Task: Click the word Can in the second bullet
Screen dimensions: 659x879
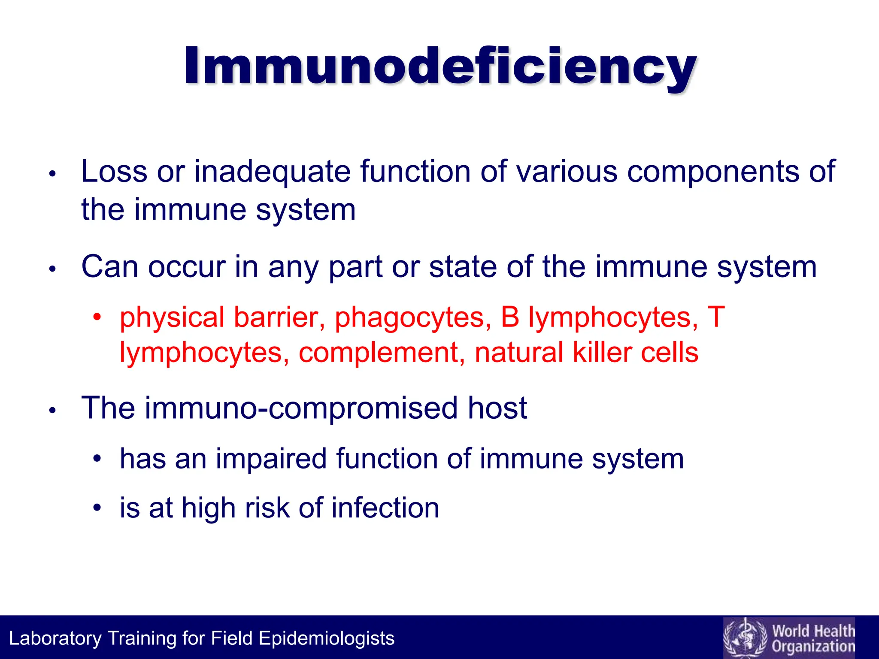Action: pyautogui.click(x=110, y=267)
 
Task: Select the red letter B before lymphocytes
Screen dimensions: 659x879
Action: pyautogui.click(x=510, y=317)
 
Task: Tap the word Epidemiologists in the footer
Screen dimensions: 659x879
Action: pyautogui.click(x=326, y=638)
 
